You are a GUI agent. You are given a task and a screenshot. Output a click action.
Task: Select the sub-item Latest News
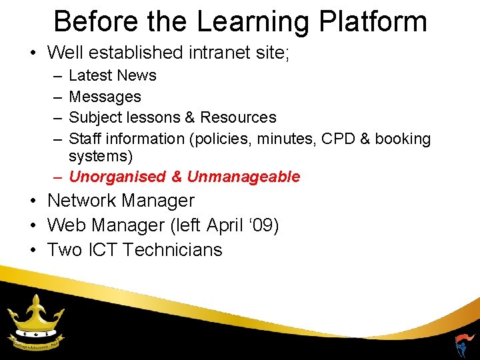113,75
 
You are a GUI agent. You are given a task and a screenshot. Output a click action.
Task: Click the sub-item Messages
105,97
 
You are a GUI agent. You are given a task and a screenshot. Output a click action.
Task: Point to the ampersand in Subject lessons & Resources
189,117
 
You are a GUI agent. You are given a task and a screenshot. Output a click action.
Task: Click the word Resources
238,117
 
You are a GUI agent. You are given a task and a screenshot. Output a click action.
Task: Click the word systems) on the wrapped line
101,156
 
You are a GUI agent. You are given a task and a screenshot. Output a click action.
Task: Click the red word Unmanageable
243,177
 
